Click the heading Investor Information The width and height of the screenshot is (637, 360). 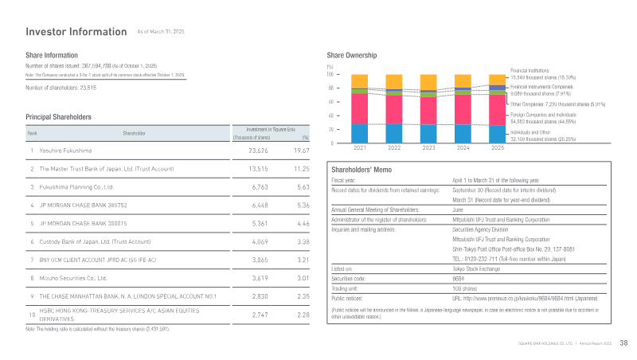pyautogui.click(x=76, y=32)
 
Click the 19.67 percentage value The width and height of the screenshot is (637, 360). pyautogui.click(x=301, y=150)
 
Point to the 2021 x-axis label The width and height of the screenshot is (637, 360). pyautogui.click(x=360, y=148)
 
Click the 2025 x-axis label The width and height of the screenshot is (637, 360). pyautogui.click(x=498, y=148)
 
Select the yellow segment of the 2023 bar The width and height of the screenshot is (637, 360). pyautogui.click(x=428, y=81)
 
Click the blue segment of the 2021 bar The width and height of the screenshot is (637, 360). pyautogui.click(x=360, y=132)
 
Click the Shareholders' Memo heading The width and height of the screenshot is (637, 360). pyautogui.click(x=360, y=169)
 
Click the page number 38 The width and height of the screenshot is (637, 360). pyautogui.click(x=623, y=343)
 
